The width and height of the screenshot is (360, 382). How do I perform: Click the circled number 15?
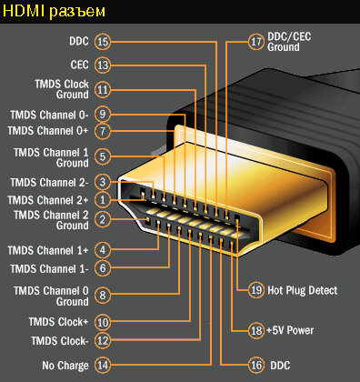click(103, 42)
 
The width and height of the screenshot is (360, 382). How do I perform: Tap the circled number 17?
click(256, 42)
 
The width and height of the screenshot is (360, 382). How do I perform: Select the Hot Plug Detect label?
click(302, 290)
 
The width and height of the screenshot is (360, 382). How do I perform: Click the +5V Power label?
click(290, 330)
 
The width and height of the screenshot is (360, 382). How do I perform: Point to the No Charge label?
click(65, 366)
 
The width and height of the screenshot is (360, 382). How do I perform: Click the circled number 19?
click(256, 290)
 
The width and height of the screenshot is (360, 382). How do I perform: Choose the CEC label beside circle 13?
click(79, 65)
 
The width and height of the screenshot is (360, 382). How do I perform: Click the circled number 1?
click(103, 200)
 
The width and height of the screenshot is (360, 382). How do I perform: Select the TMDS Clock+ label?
click(58, 322)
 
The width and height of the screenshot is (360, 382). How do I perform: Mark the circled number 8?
click(103, 295)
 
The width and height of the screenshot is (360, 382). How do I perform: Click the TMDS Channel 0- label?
click(49, 115)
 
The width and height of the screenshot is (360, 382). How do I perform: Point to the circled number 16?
click(256, 365)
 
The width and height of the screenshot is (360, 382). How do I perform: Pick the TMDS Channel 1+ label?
click(48, 250)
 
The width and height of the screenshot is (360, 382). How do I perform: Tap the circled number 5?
click(103, 156)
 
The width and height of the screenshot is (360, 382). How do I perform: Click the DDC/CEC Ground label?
click(289, 42)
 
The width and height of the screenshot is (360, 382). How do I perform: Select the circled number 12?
click(103, 340)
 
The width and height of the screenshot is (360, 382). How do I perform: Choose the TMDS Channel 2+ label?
click(48, 200)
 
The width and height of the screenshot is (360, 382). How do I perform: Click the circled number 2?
click(103, 219)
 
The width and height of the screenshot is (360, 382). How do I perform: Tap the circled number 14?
click(103, 365)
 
